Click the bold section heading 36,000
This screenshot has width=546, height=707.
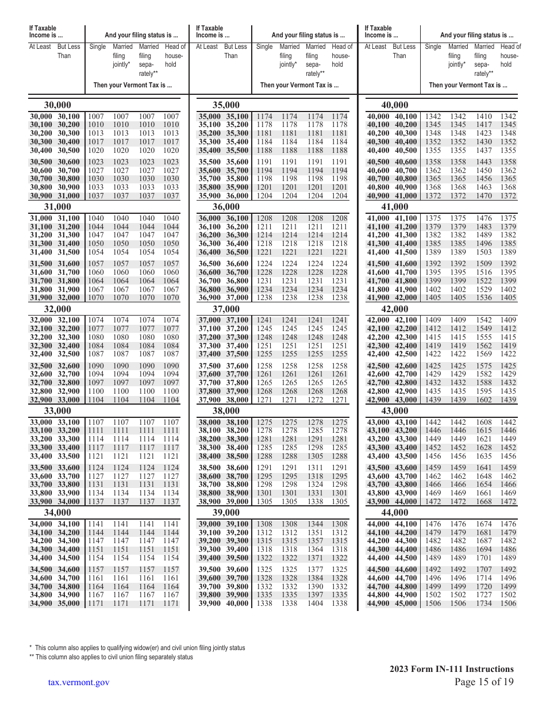(x=226, y=207)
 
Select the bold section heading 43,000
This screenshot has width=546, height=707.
(x=395, y=410)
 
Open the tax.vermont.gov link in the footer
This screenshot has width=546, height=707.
(x=79, y=682)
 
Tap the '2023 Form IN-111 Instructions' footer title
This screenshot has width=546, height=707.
(x=451, y=668)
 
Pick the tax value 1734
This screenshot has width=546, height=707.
(x=484, y=604)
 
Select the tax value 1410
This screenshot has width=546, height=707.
(x=484, y=117)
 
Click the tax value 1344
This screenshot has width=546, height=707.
(x=315, y=524)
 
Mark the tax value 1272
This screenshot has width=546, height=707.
(x=315, y=399)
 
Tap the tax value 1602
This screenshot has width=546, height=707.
(x=484, y=399)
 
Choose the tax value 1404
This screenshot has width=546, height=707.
(x=315, y=604)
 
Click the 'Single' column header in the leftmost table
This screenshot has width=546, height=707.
(x=98, y=47)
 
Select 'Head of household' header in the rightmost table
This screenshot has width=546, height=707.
(x=510, y=56)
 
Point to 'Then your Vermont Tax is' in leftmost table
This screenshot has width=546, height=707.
(x=132, y=86)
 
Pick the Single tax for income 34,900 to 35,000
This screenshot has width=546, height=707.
(x=96, y=604)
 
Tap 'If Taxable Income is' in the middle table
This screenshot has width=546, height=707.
(x=210, y=32)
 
